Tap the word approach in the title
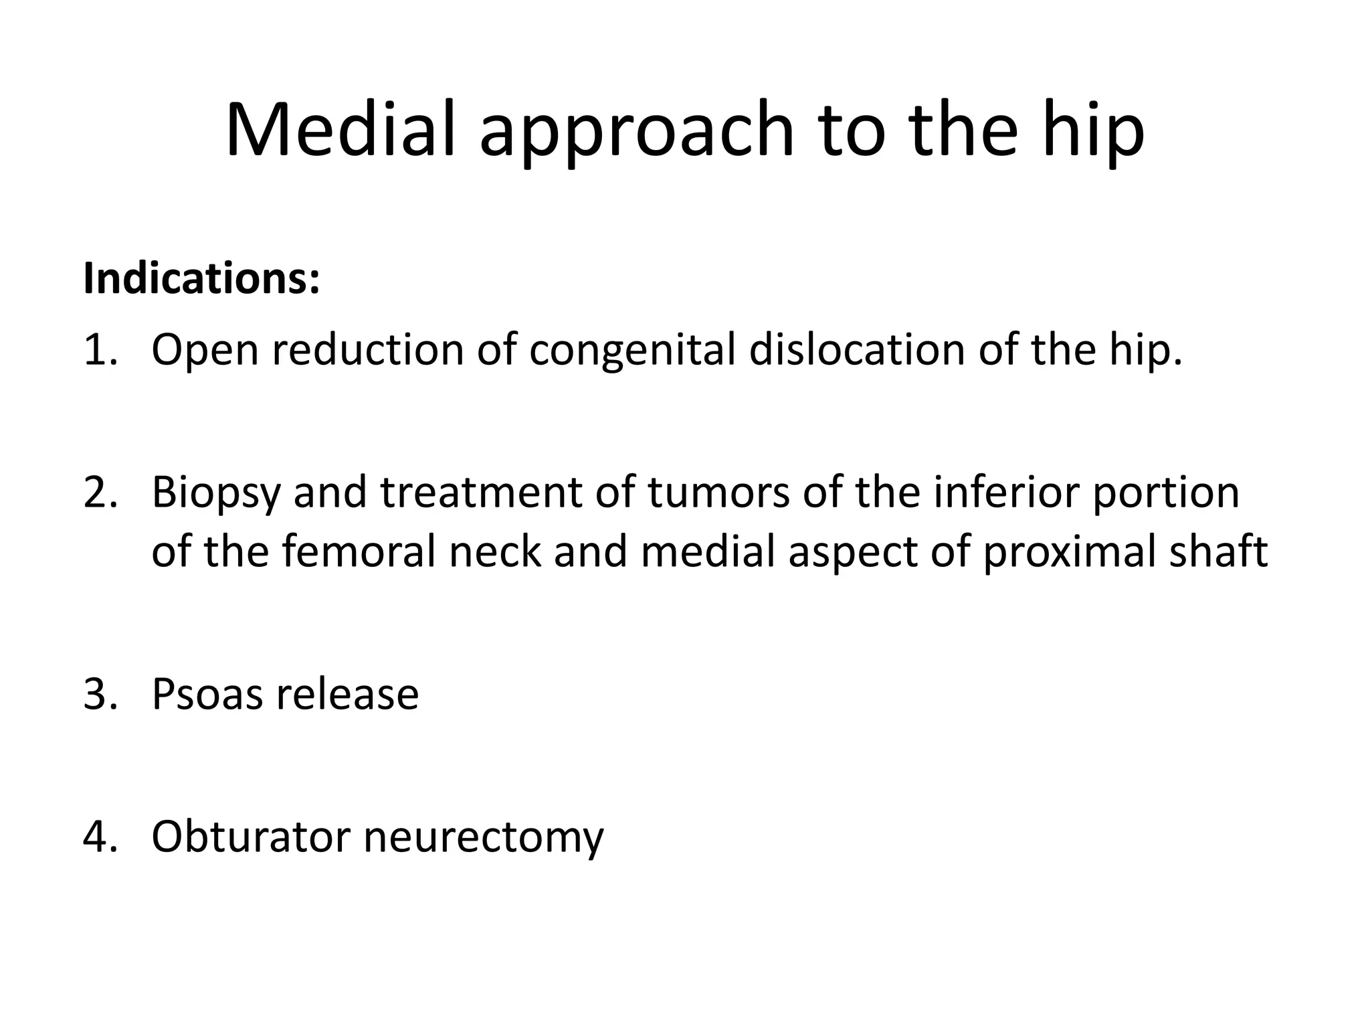636,134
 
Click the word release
348,694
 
